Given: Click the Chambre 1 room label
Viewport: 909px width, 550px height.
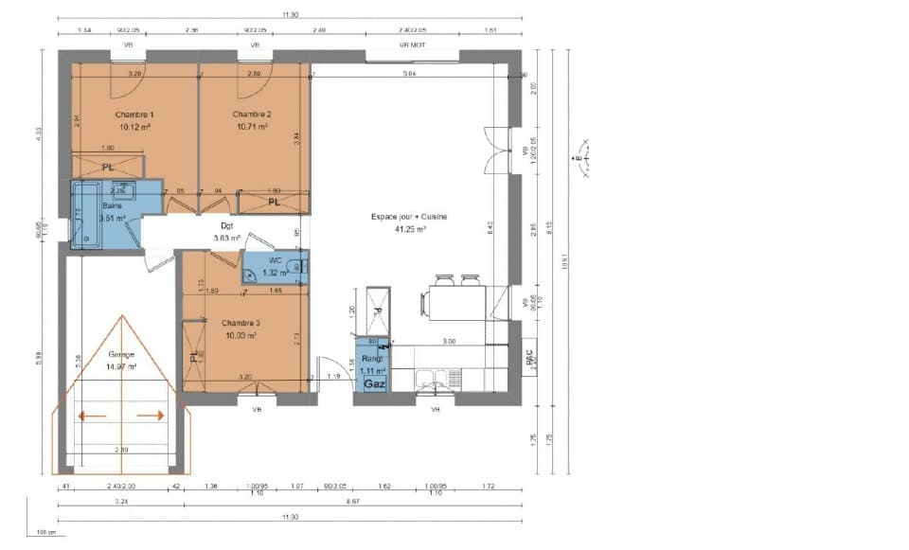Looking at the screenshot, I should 135,114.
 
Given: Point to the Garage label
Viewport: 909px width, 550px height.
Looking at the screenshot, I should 121,355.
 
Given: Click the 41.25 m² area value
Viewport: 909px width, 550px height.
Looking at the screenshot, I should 409,229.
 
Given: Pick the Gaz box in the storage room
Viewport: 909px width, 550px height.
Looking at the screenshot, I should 373,385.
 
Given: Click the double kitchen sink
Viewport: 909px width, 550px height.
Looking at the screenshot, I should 432,381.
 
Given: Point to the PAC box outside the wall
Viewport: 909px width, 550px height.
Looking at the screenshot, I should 529,358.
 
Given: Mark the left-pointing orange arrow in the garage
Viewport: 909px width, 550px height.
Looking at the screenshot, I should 92,415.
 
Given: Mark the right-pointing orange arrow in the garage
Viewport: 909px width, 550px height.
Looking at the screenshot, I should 151,415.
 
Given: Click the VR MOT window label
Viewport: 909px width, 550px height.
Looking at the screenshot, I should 411,44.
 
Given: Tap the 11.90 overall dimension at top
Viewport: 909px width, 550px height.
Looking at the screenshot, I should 290,15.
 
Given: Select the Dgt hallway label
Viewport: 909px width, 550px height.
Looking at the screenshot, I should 227,226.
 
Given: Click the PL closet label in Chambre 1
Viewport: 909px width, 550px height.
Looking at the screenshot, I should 109,168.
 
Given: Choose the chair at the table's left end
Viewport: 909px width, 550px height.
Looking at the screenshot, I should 423,303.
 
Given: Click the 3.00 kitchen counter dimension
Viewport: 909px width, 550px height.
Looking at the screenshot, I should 449,341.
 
